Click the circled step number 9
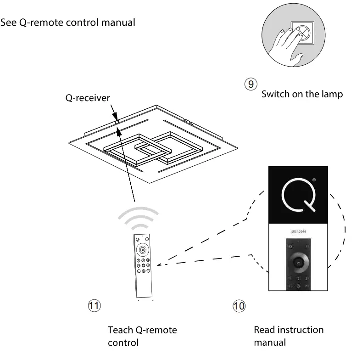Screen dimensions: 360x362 (251, 84)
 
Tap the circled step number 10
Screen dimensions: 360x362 (239, 306)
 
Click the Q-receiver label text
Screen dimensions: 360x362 (88, 98)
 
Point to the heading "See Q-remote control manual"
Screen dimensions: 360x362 (68, 22)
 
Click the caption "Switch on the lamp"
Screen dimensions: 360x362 (302, 94)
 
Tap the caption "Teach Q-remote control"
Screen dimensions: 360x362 (142, 336)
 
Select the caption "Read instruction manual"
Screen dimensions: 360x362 (289, 336)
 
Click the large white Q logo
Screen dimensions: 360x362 (298, 196)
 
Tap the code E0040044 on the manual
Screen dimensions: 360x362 (298, 232)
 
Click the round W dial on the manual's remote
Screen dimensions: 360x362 (298, 263)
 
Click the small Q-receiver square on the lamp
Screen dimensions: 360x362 (117, 122)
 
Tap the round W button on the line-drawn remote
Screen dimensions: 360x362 (143, 250)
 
